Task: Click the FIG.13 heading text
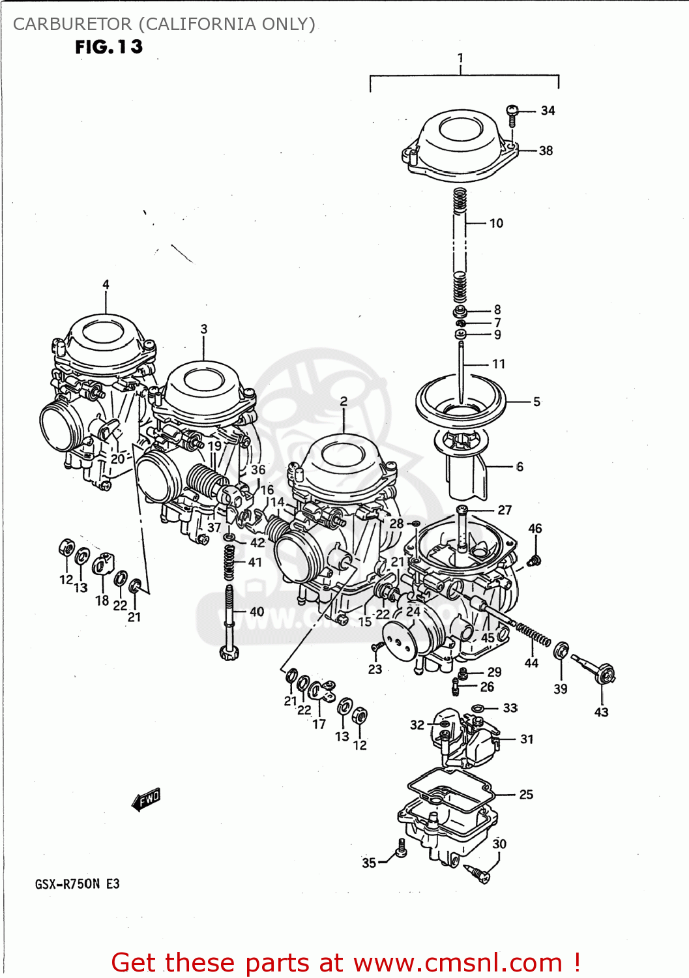click(x=108, y=47)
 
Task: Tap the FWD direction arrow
click(x=146, y=799)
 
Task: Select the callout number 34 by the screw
click(x=548, y=111)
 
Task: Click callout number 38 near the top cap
click(x=546, y=151)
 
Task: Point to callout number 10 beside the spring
click(x=496, y=224)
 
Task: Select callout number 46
click(x=535, y=529)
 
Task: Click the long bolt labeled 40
click(x=229, y=619)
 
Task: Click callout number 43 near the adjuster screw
click(x=601, y=713)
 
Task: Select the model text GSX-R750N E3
click(x=77, y=884)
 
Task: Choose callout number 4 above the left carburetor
click(x=106, y=284)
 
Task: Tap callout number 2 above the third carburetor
click(x=344, y=402)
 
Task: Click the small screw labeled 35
click(x=401, y=848)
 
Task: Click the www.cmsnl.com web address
click(x=458, y=962)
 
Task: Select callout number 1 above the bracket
click(x=460, y=58)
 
